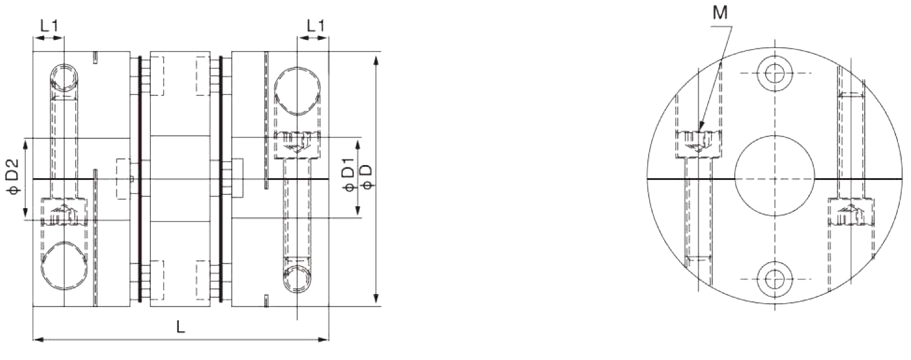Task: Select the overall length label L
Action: point(180,328)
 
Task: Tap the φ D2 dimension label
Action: point(14,179)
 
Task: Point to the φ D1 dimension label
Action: point(349,179)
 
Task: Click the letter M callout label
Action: point(720,13)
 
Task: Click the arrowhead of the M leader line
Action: point(700,129)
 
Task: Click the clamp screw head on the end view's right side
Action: point(851,214)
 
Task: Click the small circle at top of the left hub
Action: point(64,77)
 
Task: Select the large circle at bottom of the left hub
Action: point(64,268)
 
